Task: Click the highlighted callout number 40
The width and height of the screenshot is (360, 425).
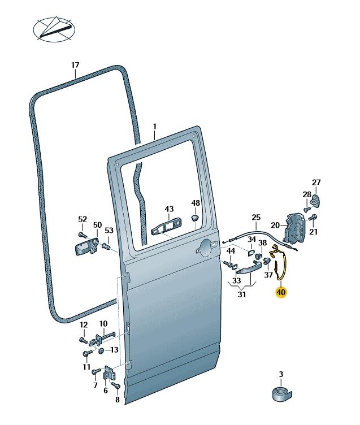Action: pos(281,292)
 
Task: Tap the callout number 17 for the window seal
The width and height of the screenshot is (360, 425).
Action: pos(75,65)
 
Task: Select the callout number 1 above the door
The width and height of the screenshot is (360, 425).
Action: pos(154,126)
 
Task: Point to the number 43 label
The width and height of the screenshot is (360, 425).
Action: pos(170,209)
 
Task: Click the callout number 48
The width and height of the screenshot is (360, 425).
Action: pos(196,203)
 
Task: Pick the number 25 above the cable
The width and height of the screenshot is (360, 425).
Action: pos(256,218)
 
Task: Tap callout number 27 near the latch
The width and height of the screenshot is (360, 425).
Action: pos(316,182)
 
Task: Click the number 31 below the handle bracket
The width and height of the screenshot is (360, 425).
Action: pos(242,294)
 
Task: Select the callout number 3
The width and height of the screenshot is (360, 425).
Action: pos(281,374)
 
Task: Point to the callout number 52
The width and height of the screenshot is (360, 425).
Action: pos(83,219)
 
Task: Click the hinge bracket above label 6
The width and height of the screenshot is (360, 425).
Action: pos(111,375)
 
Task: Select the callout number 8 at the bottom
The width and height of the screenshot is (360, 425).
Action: pos(118,399)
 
